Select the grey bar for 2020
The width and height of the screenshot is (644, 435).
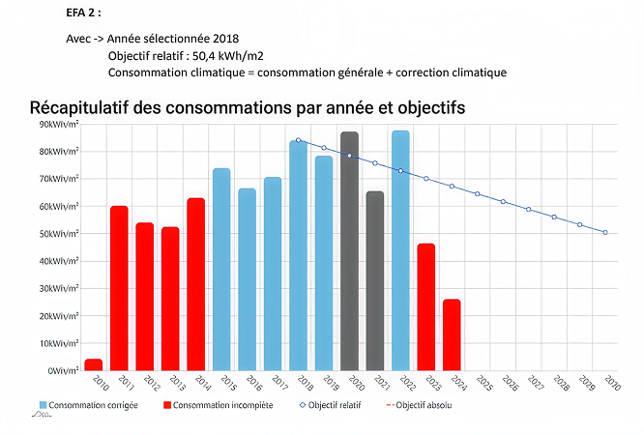point(350,251)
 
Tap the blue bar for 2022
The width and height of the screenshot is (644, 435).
point(400,250)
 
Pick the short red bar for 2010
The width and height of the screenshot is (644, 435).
point(94,364)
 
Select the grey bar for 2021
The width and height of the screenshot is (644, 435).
point(375,280)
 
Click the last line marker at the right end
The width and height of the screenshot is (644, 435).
point(605,232)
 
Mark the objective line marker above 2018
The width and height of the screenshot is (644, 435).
point(298,140)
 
